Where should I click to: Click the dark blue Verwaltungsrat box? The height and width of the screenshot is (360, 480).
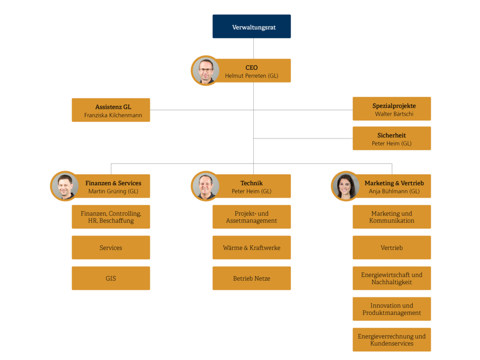251,26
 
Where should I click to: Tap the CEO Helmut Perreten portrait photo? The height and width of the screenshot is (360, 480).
205,71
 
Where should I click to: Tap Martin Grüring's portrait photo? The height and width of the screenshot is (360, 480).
65,186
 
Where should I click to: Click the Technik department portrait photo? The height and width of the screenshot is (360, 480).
205,186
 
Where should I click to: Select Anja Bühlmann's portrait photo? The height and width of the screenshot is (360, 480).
345,186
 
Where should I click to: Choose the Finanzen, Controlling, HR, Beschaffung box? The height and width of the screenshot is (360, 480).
111,217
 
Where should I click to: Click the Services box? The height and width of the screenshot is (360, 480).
111,247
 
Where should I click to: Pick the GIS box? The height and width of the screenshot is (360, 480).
111,279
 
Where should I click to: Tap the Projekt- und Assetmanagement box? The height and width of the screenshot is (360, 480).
251,217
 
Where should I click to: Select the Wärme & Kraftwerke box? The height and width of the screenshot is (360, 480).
251,247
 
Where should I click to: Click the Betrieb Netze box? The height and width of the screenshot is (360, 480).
251,279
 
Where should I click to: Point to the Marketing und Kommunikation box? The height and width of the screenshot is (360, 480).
391,217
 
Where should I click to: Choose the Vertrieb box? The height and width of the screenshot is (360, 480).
391,247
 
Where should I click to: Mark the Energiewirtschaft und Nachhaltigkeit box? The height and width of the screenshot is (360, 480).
391,279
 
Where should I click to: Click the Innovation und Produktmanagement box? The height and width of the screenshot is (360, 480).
391,309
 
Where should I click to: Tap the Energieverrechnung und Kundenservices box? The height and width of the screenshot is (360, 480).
391,340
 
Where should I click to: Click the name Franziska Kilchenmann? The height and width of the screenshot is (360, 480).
113,116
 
